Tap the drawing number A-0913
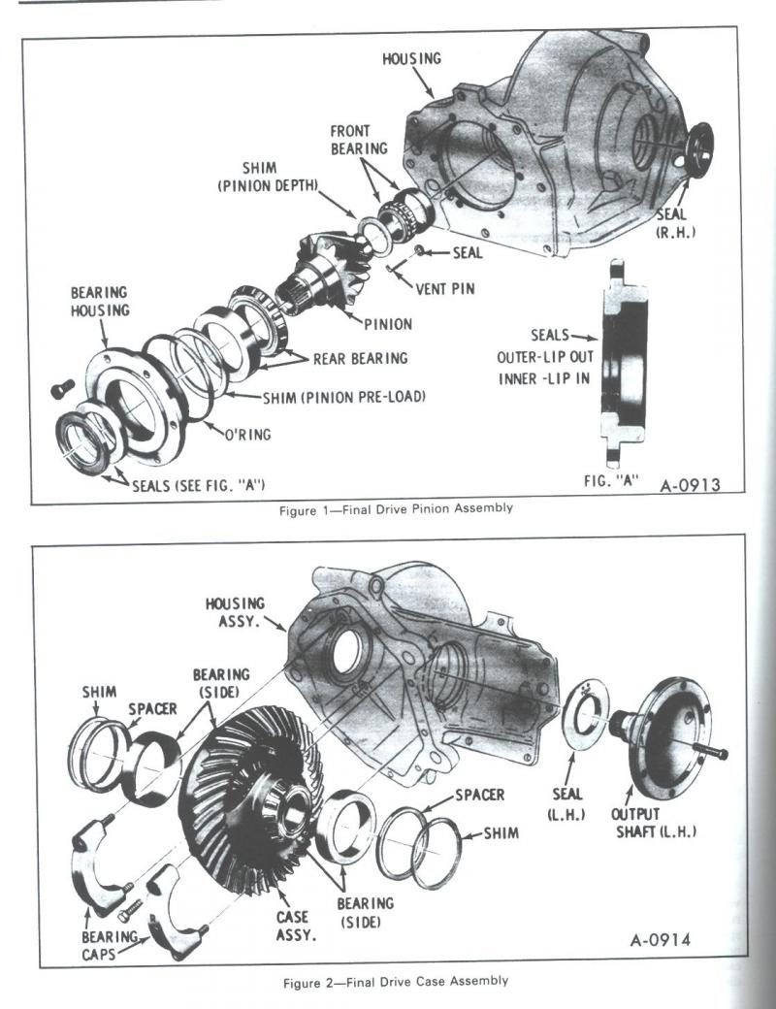[x=690, y=484]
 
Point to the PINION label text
[x=388, y=323]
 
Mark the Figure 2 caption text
[x=395, y=981]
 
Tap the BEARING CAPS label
[x=109, y=946]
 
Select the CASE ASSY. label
[x=292, y=925]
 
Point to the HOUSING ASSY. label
[x=235, y=611]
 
